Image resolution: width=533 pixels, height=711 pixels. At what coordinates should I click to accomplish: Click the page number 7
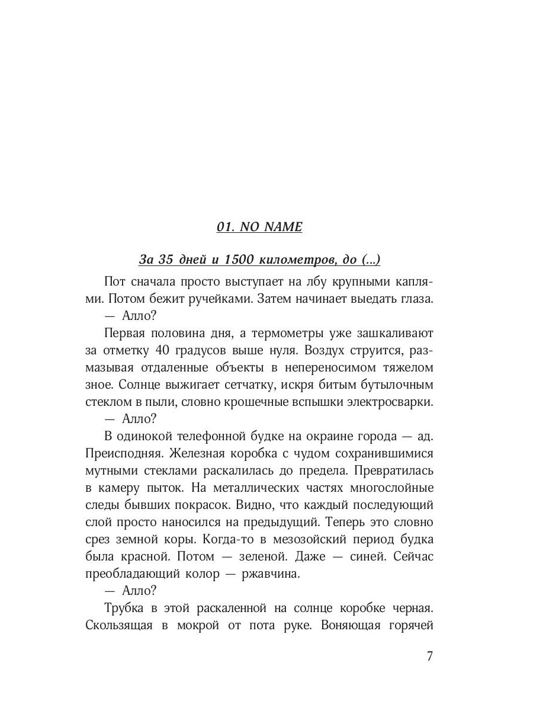[430, 657]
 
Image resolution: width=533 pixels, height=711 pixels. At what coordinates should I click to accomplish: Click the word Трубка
[123, 609]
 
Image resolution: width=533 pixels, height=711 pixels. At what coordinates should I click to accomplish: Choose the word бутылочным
[396, 385]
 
